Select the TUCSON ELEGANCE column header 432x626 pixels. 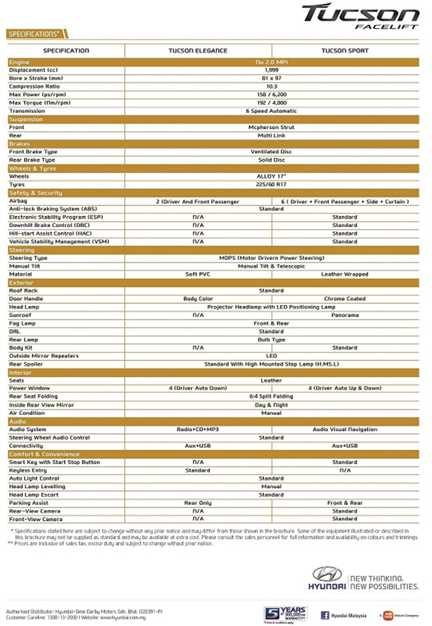click(x=198, y=51)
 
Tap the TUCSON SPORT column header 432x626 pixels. click(x=345, y=51)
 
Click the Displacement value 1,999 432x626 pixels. click(x=272, y=70)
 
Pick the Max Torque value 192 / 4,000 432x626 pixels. click(x=272, y=102)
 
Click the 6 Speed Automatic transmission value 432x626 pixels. click(x=272, y=110)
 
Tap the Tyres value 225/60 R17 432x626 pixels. click(x=272, y=184)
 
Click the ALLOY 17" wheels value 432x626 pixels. click(x=272, y=176)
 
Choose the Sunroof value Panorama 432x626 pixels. click(x=345, y=315)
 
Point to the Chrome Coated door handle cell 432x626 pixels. click(x=345, y=299)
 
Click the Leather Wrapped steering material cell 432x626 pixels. click(x=345, y=274)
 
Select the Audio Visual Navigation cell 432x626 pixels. click(x=345, y=429)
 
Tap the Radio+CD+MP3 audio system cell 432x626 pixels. click(x=198, y=429)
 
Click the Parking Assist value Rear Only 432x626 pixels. click(x=198, y=503)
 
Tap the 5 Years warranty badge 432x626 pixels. click(x=285, y=613)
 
